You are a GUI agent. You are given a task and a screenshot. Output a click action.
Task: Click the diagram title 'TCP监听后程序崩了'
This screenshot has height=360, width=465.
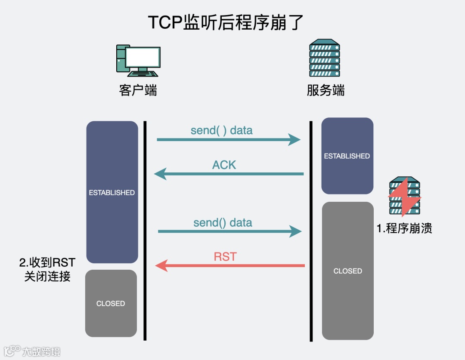click(x=226, y=23)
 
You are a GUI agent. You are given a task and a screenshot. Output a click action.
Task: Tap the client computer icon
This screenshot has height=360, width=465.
click(x=138, y=59)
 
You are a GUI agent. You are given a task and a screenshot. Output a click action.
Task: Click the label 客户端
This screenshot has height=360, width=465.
click(x=138, y=90)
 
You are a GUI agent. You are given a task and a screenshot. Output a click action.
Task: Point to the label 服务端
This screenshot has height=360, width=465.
click(x=325, y=90)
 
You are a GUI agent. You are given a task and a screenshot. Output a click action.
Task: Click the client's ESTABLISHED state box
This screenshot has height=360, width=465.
click(x=112, y=192)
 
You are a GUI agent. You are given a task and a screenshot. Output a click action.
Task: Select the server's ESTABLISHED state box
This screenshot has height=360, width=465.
click(x=347, y=156)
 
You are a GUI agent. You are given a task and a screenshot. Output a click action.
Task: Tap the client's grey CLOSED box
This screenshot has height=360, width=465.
click(x=111, y=303)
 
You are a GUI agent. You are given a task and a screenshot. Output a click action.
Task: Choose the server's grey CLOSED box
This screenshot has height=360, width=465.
click(x=347, y=271)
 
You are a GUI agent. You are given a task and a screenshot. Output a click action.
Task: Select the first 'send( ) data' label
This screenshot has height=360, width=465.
click(x=221, y=130)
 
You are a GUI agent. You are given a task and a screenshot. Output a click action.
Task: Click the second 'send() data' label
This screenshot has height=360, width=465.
click(x=223, y=222)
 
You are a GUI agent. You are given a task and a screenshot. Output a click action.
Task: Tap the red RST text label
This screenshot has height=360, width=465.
click(x=225, y=257)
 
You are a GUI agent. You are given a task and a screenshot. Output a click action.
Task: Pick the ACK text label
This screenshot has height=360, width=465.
click(x=224, y=165)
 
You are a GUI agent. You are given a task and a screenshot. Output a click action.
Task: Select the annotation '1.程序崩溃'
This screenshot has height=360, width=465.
click(x=404, y=228)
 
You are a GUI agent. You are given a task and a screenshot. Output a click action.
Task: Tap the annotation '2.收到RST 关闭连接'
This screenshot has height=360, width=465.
click(x=47, y=269)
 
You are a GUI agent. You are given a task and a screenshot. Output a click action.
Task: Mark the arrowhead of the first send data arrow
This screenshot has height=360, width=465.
click(x=294, y=139)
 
